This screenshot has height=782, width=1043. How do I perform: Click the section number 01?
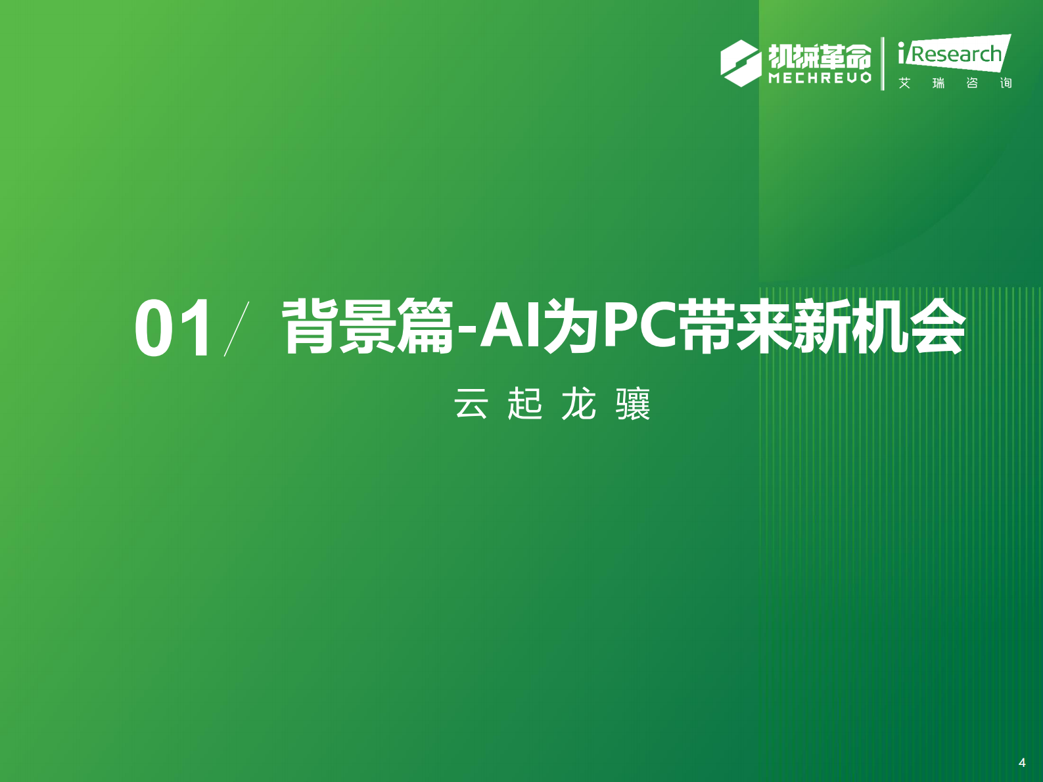(x=173, y=328)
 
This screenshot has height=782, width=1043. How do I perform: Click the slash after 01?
(x=237, y=329)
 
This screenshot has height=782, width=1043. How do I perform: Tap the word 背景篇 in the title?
(x=367, y=327)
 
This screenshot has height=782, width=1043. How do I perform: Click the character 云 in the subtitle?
(x=471, y=403)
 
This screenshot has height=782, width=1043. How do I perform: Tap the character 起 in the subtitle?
(x=524, y=403)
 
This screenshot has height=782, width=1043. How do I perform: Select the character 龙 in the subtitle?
(x=578, y=403)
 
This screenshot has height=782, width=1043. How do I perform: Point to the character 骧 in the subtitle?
(x=633, y=403)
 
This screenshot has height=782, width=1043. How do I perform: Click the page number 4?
(x=1022, y=762)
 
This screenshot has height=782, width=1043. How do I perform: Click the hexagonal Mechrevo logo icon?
(x=741, y=63)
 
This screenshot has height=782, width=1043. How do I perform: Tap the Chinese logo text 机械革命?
(x=820, y=57)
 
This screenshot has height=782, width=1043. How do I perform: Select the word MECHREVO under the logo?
(x=820, y=78)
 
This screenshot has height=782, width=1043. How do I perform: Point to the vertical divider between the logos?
(x=883, y=63)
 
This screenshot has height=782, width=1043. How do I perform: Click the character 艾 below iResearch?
(x=905, y=83)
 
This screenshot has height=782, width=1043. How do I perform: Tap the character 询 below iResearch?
(x=1006, y=83)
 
